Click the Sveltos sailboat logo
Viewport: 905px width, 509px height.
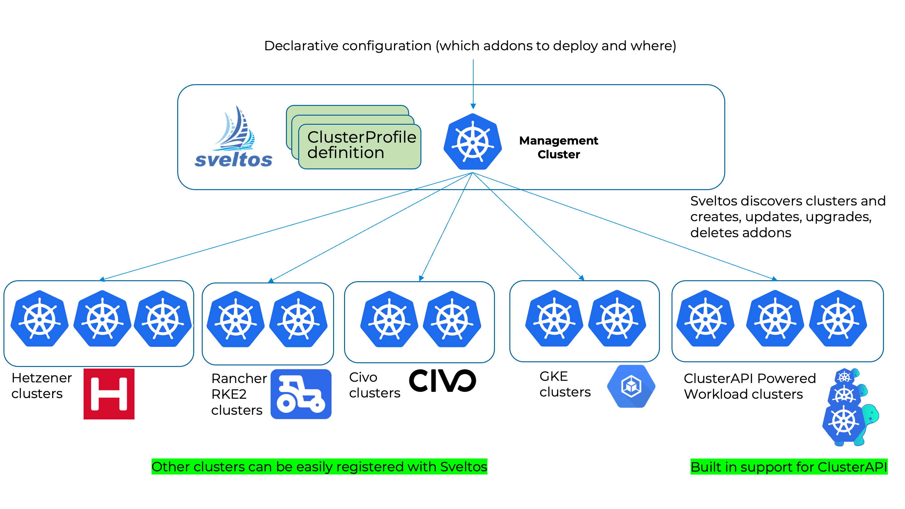(x=233, y=137)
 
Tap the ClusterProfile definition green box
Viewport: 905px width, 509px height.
(x=359, y=145)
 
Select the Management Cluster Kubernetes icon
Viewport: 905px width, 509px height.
(x=473, y=142)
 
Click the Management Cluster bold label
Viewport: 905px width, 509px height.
(x=558, y=147)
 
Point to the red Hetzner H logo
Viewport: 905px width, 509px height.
(x=109, y=394)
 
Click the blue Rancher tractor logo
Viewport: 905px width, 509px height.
(x=301, y=394)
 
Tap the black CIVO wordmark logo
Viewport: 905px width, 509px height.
(x=442, y=380)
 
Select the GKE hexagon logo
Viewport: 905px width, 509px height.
(x=631, y=386)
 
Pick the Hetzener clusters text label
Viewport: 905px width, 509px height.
(x=41, y=385)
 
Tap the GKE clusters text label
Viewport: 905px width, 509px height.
(x=565, y=384)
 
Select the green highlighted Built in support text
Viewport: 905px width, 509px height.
(x=789, y=467)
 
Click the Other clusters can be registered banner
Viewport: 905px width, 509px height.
(x=319, y=467)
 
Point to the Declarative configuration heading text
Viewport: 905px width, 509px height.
(x=470, y=46)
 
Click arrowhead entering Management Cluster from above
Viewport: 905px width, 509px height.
(x=473, y=106)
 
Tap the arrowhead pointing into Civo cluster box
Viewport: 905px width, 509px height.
(x=421, y=278)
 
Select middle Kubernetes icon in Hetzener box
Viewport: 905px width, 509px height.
(x=102, y=319)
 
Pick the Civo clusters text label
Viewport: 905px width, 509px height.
(x=374, y=385)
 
